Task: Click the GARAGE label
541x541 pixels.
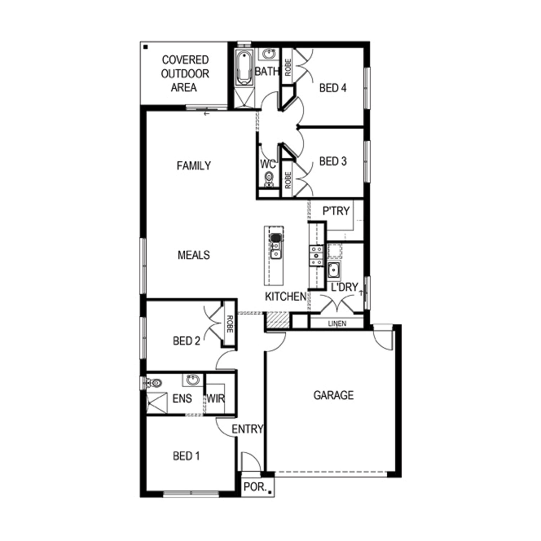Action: point(333,395)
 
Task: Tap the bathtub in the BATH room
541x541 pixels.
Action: point(244,67)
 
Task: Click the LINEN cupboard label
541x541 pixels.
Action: point(337,324)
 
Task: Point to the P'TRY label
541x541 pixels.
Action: point(336,211)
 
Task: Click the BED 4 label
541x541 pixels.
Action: point(333,88)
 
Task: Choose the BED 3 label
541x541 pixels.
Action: point(333,161)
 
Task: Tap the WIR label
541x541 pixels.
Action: point(215,399)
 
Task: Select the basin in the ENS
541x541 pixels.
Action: point(193,380)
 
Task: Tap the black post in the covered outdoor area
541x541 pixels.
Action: point(146,47)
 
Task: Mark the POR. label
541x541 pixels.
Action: point(255,487)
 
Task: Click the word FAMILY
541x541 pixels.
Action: point(194,166)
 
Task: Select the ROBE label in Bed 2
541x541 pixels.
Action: point(230,324)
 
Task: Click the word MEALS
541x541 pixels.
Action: point(194,255)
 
